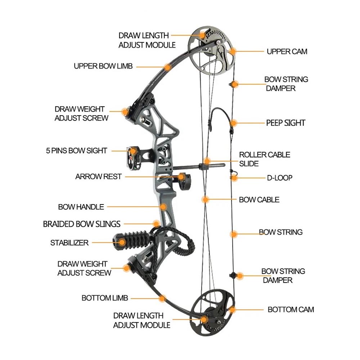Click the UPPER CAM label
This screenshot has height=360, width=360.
click(287, 51)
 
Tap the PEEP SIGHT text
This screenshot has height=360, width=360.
click(285, 123)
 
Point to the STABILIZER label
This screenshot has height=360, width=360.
click(69, 243)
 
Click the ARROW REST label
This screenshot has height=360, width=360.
click(98, 177)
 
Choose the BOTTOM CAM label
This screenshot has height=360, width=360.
click(291, 309)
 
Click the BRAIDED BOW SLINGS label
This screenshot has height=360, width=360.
click(82, 224)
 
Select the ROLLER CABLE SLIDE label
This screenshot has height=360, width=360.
click(265, 159)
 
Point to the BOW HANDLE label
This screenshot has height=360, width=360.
click(81, 207)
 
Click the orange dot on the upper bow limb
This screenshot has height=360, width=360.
click(167, 67)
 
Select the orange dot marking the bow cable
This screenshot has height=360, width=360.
click(205, 199)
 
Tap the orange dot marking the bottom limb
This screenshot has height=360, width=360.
click(162, 298)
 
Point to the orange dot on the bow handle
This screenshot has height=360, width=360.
click(163, 207)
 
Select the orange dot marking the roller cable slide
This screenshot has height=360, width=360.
click(206, 161)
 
